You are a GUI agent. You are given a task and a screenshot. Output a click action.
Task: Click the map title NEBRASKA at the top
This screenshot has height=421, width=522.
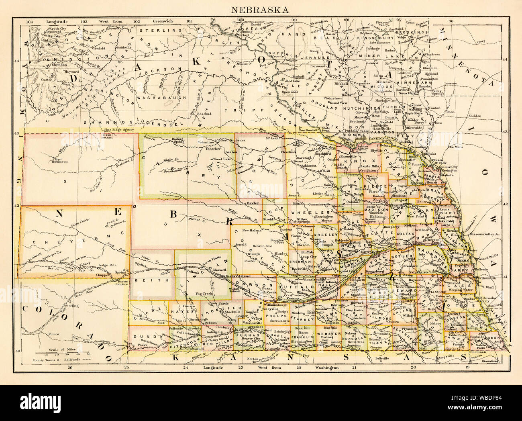click(x=261, y=10)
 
